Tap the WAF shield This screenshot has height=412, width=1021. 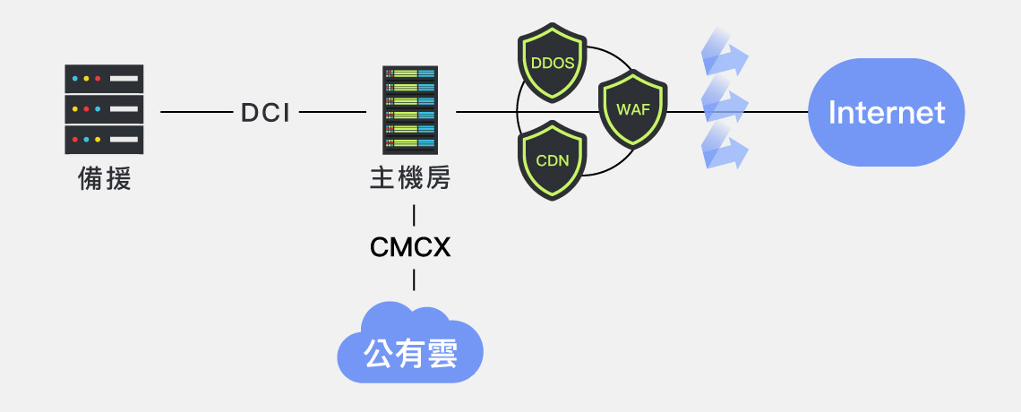(633, 109)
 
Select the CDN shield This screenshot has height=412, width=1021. (552, 160)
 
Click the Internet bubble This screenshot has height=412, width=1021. (886, 112)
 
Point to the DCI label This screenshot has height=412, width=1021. (265, 113)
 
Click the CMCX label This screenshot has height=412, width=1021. (410, 247)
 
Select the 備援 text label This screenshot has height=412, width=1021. (105, 179)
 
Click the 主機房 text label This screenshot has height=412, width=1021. (410, 178)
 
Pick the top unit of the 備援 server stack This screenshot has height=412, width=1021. (104, 78)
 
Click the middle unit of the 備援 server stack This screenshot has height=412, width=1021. (104, 109)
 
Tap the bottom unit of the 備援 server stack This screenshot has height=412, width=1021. (104, 140)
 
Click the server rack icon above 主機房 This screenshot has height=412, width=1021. (410, 110)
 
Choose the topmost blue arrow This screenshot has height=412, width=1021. (723, 52)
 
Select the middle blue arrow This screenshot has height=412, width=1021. (723, 99)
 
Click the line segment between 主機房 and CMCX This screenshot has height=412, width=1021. (414, 215)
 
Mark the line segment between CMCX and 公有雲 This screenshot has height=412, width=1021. (414, 279)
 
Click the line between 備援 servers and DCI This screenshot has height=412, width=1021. (195, 112)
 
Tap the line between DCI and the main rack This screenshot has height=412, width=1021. (332, 112)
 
